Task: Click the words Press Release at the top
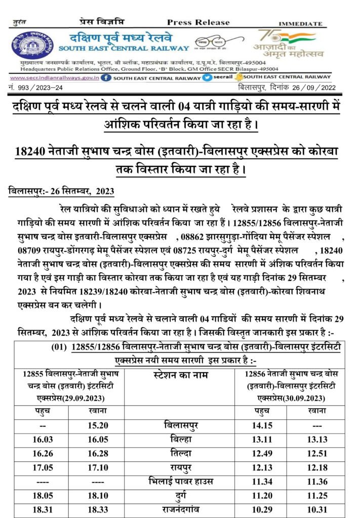click(x=198, y=22)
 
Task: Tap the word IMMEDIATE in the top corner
click(x=300, y=24)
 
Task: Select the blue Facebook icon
click(x=106, y=78)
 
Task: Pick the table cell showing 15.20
click(x=99, y=425)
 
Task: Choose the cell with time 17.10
click(x=99, y=466)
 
